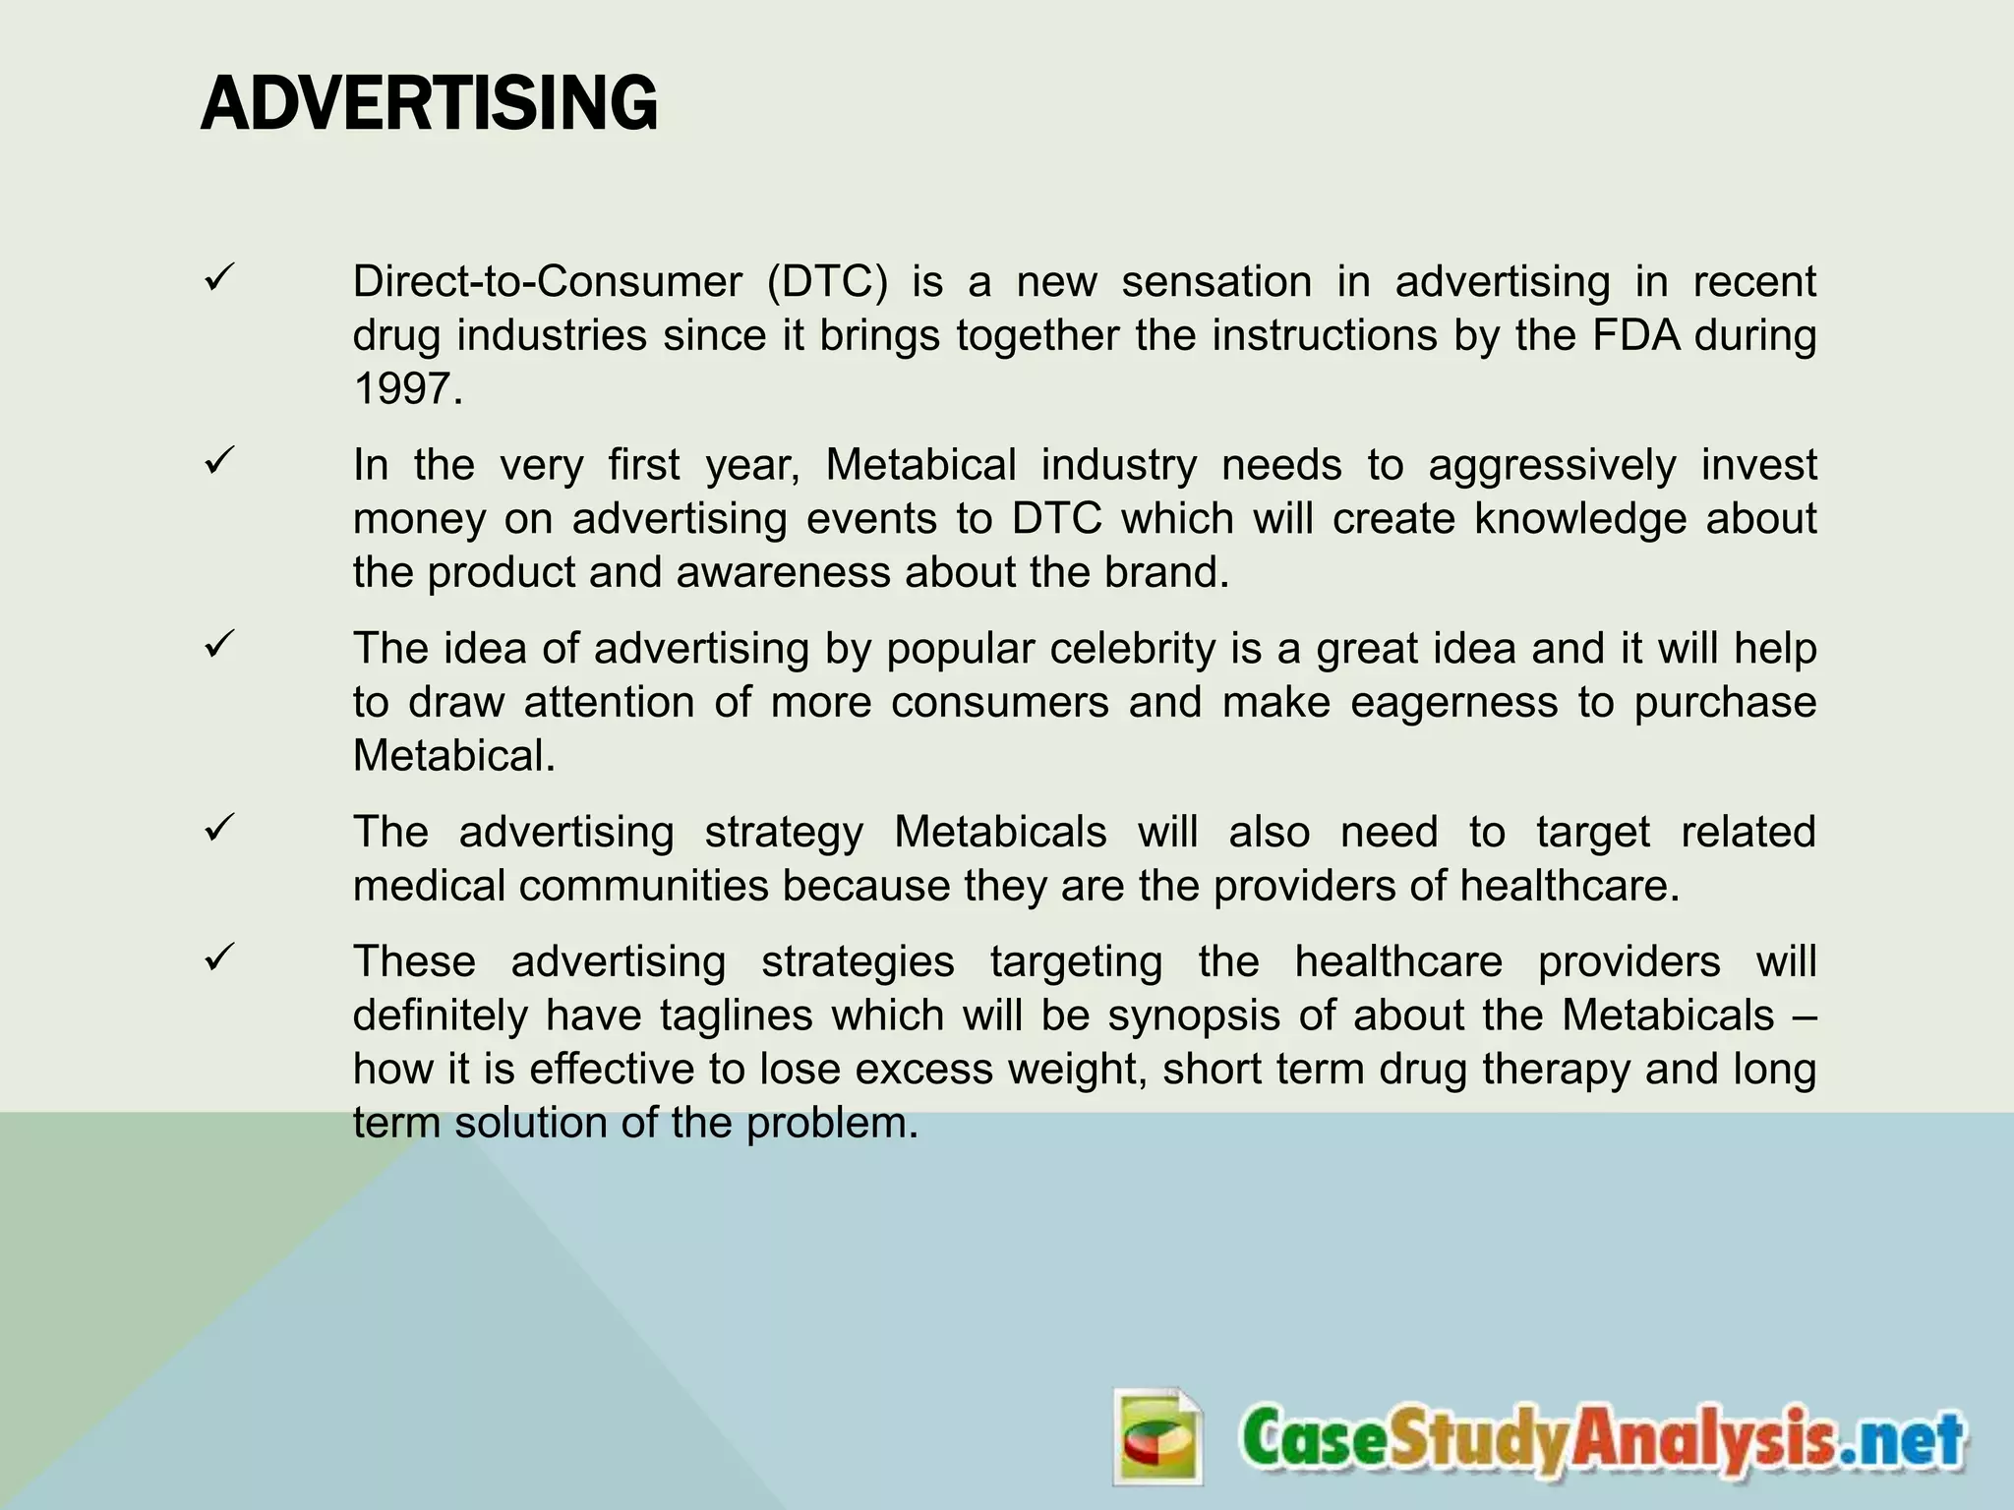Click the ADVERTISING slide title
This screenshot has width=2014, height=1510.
point(429,104)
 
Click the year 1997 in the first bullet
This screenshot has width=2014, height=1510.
point(406,389)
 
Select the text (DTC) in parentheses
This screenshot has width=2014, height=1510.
point(827,282)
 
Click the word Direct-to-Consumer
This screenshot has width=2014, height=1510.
point(547,282)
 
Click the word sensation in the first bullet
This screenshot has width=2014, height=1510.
point(1216,282)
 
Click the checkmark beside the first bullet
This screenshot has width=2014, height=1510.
point(218,279)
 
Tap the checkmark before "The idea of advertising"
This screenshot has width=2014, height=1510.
point(218,646)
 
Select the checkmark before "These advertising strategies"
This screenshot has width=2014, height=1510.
point(218,958)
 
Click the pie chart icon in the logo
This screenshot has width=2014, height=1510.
point(1158,1436)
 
